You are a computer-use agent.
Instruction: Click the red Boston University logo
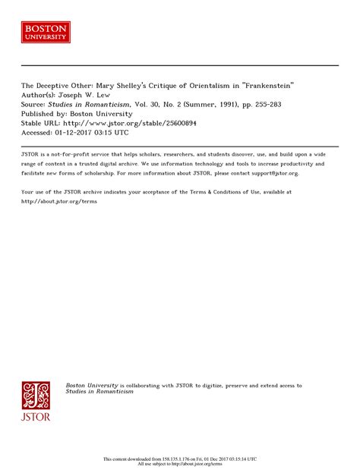(46, 32)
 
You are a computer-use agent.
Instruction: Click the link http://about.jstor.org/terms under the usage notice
(59, 201)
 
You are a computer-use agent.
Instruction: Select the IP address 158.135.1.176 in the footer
(194, 459)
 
